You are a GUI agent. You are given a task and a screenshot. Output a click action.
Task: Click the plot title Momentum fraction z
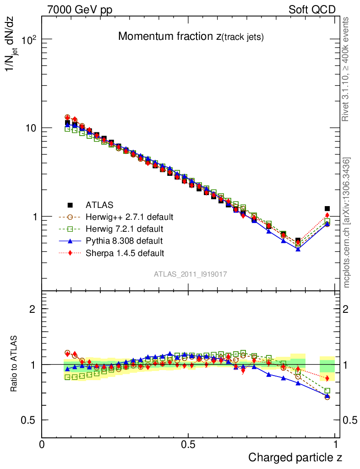pyautogui.click(x=191, y=37)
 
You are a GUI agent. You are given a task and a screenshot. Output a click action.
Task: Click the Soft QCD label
pyautogui.click(x=312, y=10)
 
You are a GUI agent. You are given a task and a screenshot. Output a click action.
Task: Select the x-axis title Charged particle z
pyautogui.click(x=295, y=457)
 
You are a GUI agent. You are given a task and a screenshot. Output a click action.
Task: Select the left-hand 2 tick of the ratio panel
pyautogui.click(x=33, y=309)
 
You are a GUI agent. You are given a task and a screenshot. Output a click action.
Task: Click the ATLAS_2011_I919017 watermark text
pyautogui.click(x=191, y=274)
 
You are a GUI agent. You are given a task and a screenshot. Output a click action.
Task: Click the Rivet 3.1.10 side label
pyautogui.click(x=347, y=69)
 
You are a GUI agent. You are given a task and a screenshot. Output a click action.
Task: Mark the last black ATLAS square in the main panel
pyautogui.click(x=327, y=209)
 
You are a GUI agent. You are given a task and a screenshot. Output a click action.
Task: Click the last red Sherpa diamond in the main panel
pyautogui.click(x=327, y=215)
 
